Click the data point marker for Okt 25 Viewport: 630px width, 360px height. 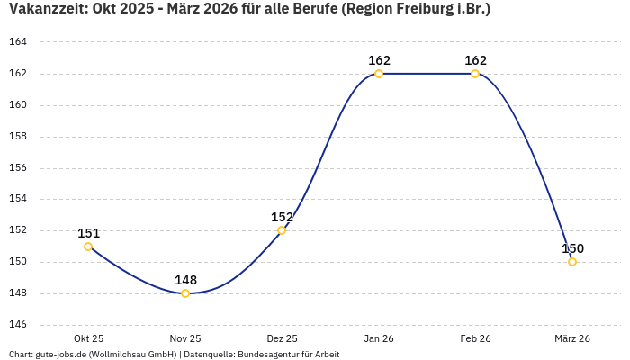coord(88,247)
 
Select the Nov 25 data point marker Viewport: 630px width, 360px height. coord(185,293)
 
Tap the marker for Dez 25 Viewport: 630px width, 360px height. coord(282,230)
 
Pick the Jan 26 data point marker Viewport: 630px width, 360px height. coord(379,74)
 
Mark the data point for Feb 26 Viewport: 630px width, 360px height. coord(475,74)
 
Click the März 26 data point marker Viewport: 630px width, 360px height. coord(572,262)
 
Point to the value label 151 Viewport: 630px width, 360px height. coord(88,233)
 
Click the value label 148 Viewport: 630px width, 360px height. coord(185,280)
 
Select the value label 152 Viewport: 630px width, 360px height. coord(282,217)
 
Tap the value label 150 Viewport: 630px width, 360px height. coord(572,248)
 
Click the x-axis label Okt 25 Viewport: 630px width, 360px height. coord(88,338)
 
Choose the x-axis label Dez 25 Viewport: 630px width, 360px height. coord(282,338)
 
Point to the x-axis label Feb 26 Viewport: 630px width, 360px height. coord(475,338)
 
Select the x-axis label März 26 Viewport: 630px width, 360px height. coord(572,338)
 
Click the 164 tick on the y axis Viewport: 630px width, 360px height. coord(18,42)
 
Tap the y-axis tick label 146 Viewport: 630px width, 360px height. coord(18,325)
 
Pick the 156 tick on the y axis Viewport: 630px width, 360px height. coord(18,168)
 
